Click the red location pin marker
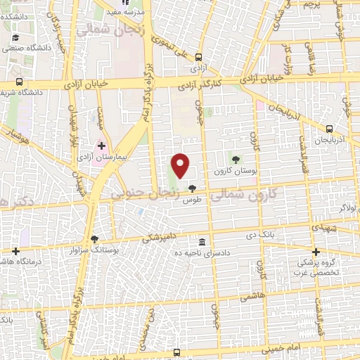coord(181,165)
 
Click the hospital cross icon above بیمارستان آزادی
coord(102,147)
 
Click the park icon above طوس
coord(193,188)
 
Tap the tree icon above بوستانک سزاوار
coord(95,239)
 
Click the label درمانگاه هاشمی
coord(16,261)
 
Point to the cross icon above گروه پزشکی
coord(316,252)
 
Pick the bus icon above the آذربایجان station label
coord(329,129)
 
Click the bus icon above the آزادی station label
coord(199,58)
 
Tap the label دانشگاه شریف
coord(22,91)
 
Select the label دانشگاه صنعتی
coord(20,49)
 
